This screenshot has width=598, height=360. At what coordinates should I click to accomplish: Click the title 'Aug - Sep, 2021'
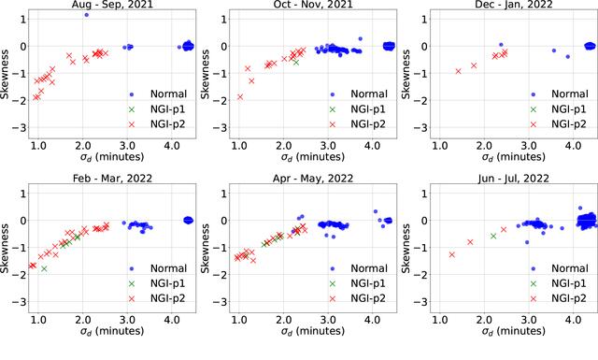point(112,5)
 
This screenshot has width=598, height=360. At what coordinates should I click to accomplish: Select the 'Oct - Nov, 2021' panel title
point(313,5)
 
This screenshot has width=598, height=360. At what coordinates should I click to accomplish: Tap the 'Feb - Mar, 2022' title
point(112,179)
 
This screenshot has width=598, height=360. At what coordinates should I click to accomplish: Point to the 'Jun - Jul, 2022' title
point(514,179)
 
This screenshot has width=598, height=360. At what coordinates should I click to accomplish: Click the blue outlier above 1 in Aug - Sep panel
point(87,15)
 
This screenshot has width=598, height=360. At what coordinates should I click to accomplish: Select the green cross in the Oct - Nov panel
point(296,63)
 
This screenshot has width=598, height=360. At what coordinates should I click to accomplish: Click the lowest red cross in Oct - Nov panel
point(240,97)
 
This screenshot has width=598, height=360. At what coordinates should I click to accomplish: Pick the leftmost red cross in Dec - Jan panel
point(459,71)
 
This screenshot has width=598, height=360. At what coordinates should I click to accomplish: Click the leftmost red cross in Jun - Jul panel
point(452,254)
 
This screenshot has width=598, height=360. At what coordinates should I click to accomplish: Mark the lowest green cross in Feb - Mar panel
point(44,268)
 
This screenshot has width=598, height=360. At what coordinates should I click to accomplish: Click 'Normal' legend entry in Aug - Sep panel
point(168,94)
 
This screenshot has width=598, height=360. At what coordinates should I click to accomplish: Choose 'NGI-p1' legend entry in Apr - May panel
point(368,283)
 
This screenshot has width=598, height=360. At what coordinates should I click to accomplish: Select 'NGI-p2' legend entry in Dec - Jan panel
point(569,124)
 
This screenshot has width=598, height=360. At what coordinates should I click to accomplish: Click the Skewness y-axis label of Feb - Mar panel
point(5,248)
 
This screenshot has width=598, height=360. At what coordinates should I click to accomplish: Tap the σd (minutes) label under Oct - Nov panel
point(313,157)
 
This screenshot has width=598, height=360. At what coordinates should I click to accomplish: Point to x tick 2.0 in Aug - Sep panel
point(83,146)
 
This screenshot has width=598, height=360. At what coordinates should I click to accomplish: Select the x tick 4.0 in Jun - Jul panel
point(573,320)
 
